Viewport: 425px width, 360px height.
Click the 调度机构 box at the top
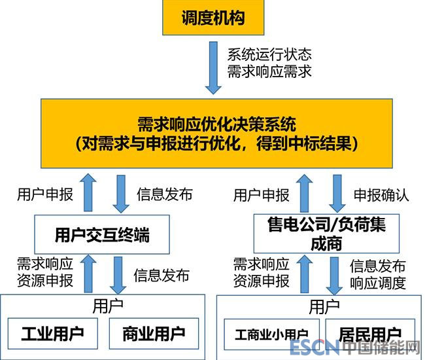tap(213, 17)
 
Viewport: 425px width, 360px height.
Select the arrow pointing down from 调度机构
tap(214, 67)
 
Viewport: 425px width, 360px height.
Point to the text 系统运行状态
tap(269, 54)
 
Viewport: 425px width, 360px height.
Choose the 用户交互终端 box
tap(101, 233)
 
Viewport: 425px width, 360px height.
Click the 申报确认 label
tap(381, 194)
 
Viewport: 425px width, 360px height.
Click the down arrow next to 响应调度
tap(334, 276)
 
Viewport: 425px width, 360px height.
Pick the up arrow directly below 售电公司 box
tap(303, 274)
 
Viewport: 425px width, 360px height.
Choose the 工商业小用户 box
tap(270, 335)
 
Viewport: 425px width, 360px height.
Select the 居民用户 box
tap(369, 334)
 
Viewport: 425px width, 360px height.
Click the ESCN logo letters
tap(314, 348)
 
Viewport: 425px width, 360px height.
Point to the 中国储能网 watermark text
tap(380, 348)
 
